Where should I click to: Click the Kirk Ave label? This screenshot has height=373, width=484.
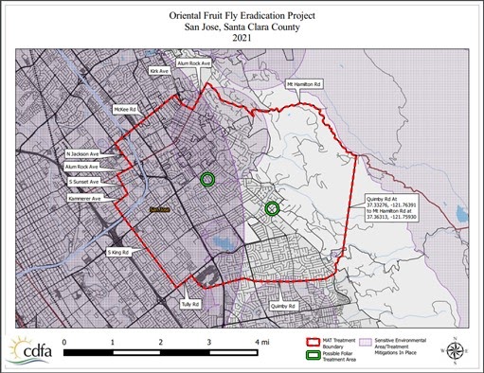159,70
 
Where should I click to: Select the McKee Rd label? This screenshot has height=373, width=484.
126,109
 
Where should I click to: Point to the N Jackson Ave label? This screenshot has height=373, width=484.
82,152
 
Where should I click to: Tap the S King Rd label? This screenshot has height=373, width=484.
117,253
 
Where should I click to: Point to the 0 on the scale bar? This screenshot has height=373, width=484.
64,340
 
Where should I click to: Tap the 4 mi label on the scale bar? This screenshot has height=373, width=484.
260,340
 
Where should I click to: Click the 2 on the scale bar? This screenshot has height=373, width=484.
161,340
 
